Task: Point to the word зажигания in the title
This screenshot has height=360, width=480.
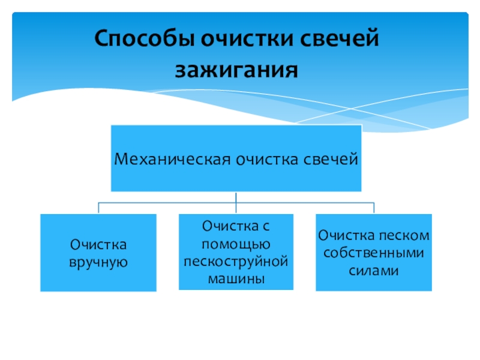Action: (236, 70)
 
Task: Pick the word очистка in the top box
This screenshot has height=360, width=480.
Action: (265, 159)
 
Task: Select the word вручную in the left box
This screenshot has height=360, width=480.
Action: (98, 262)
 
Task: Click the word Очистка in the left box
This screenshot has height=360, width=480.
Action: (98, 245)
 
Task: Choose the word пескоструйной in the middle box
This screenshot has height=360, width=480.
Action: (236, 262)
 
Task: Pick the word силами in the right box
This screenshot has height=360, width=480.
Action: (373, 270)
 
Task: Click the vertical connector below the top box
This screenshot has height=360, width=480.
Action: (236, 197)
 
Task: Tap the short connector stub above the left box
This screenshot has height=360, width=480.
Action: (98, 208)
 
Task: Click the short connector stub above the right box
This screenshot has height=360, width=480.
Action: (373, 208)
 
